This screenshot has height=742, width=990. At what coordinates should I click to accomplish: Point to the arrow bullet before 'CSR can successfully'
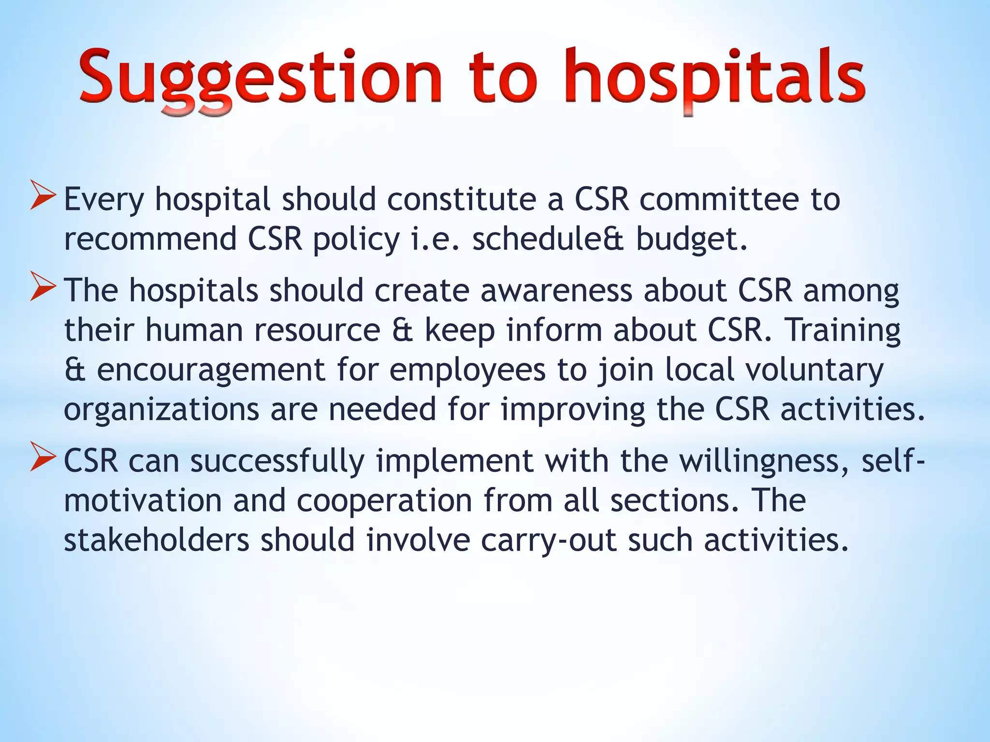(44, 456)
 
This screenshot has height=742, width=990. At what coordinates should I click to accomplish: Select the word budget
(691, 240)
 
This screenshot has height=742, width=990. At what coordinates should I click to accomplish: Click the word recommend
(150, 240)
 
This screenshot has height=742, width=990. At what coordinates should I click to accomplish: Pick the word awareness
(556, 291)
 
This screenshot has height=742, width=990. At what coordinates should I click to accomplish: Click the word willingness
(764, 461)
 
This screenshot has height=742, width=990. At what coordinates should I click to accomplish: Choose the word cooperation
(384, 501)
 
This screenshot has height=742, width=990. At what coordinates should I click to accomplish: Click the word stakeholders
(157, 540)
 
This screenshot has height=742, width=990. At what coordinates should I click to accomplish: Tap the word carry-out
(549, 541)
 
